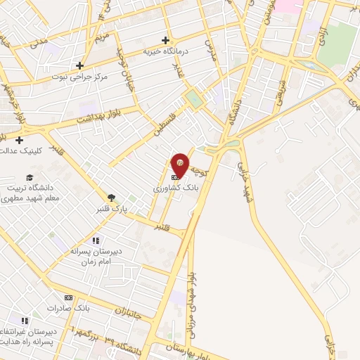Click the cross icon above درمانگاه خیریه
pyautogui.click(x=165, y=40)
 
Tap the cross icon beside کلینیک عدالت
pyautogui.click(x=19, y=140)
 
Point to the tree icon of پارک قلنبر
pyautogui.click(x=111, y=198)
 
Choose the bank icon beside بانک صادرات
pyautogui.click(x=68, y=297)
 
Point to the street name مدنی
pyautogui.click(x=39, y=44)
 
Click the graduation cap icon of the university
pyautogui.click(x=30, y=177)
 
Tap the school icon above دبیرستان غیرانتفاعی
pyautogui.click(x=25, y=321)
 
